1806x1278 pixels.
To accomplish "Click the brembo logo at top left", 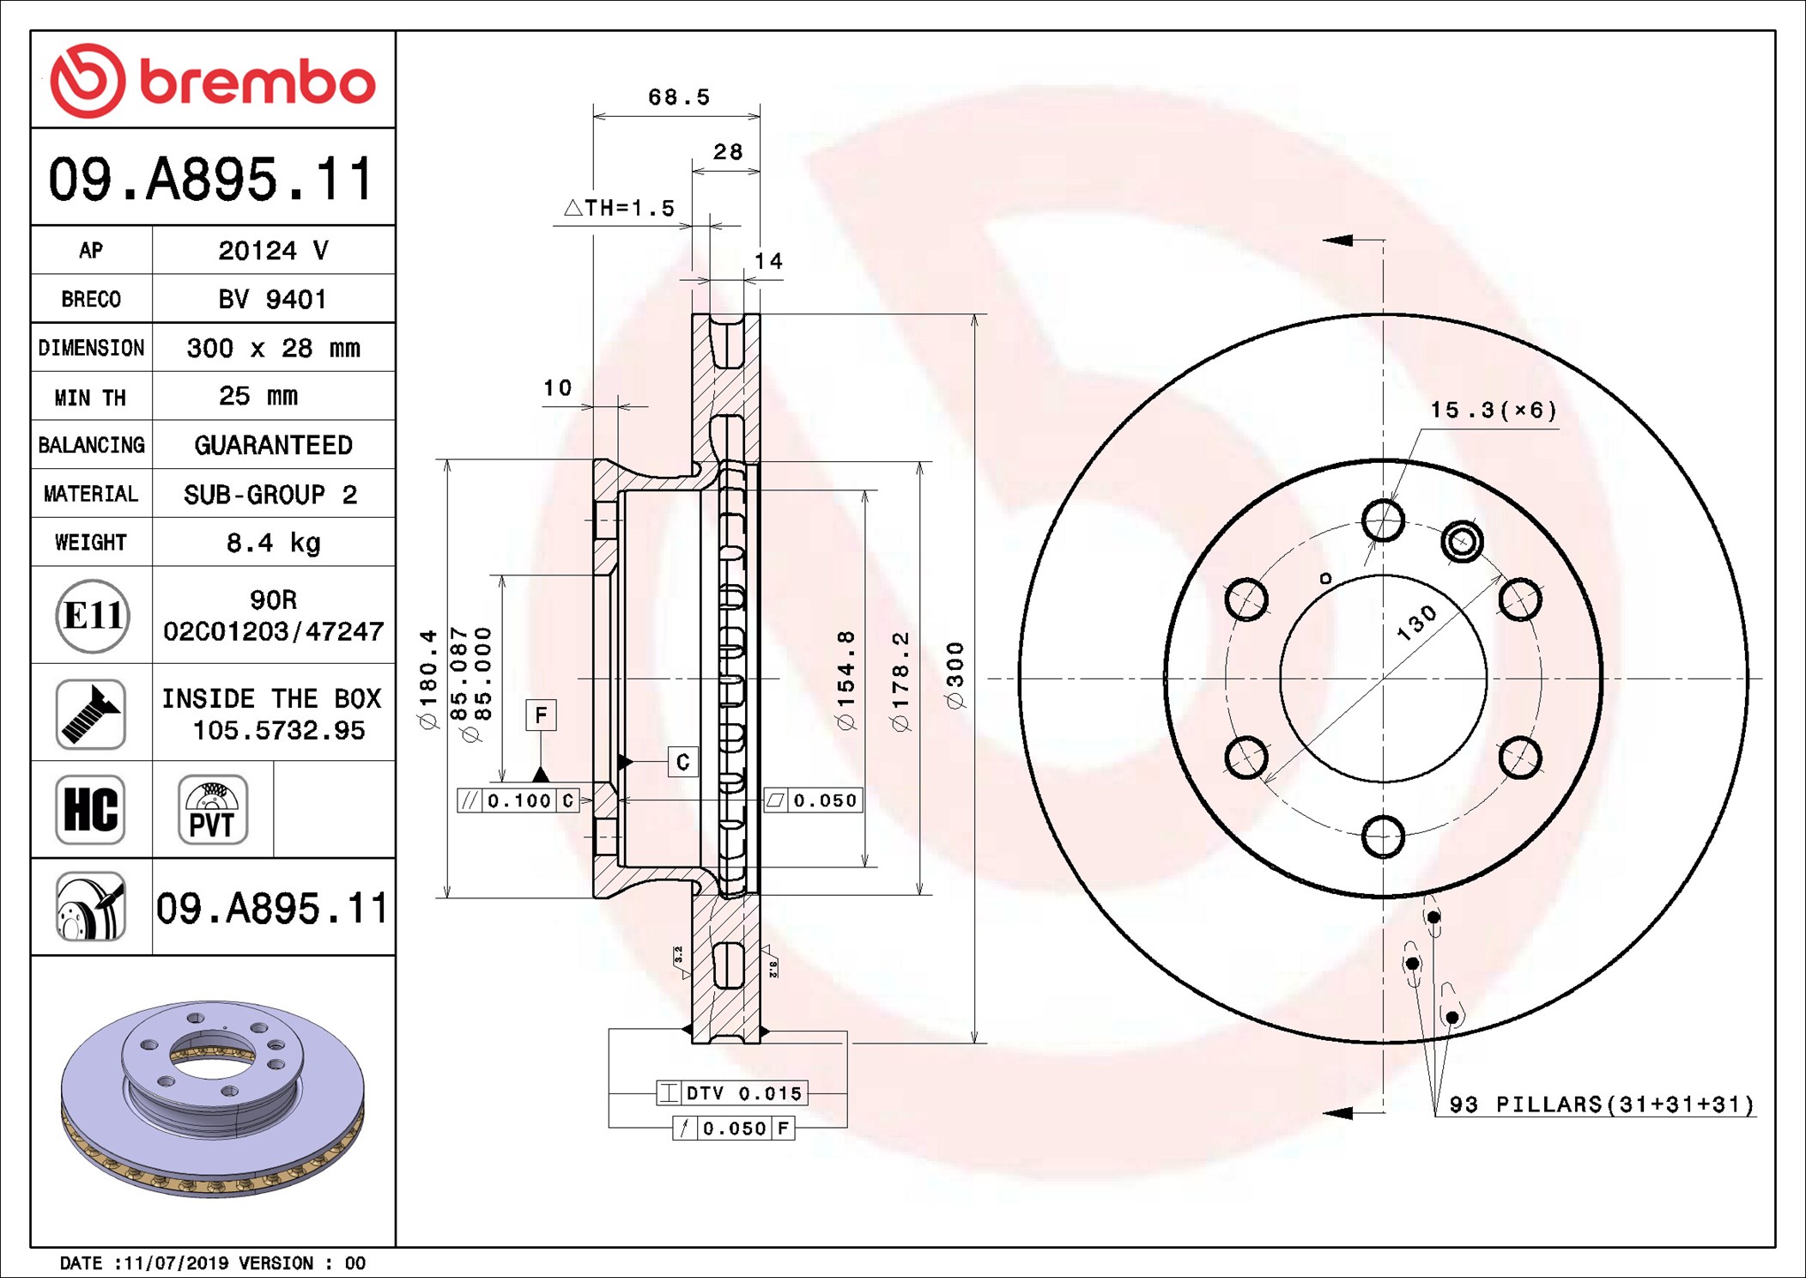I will coord(212,81).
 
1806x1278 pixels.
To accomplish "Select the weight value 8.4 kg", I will coord(273,543).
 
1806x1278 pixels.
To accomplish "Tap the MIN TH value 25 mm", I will coord(258,396).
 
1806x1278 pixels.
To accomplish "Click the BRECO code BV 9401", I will coord(272,299).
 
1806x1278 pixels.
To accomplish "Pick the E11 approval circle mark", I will coord(93,616).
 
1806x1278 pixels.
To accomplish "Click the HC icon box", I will coord(91,810).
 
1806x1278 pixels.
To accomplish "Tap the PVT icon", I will coord(213,810).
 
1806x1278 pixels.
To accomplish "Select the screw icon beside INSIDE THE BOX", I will coord(91,714).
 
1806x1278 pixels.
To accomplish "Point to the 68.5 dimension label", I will coord(678,97).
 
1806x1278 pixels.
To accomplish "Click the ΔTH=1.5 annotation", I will coord(620,208).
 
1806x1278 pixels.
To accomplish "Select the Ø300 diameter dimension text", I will coord(955,675).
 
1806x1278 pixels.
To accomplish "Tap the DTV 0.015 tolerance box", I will coord(731,1093).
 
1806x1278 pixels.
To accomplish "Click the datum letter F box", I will coord(541,715).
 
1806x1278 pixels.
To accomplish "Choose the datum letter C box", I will coord(682,762).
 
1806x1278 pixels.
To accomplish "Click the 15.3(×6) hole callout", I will coord(1493,411).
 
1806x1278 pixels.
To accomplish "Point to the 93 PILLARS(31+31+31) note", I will coord(1601,1105).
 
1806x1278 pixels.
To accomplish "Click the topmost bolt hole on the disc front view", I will coord(1383,520).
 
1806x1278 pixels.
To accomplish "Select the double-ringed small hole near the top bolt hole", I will coord(1462,542).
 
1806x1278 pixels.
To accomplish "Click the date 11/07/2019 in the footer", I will coord(176,1263).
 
